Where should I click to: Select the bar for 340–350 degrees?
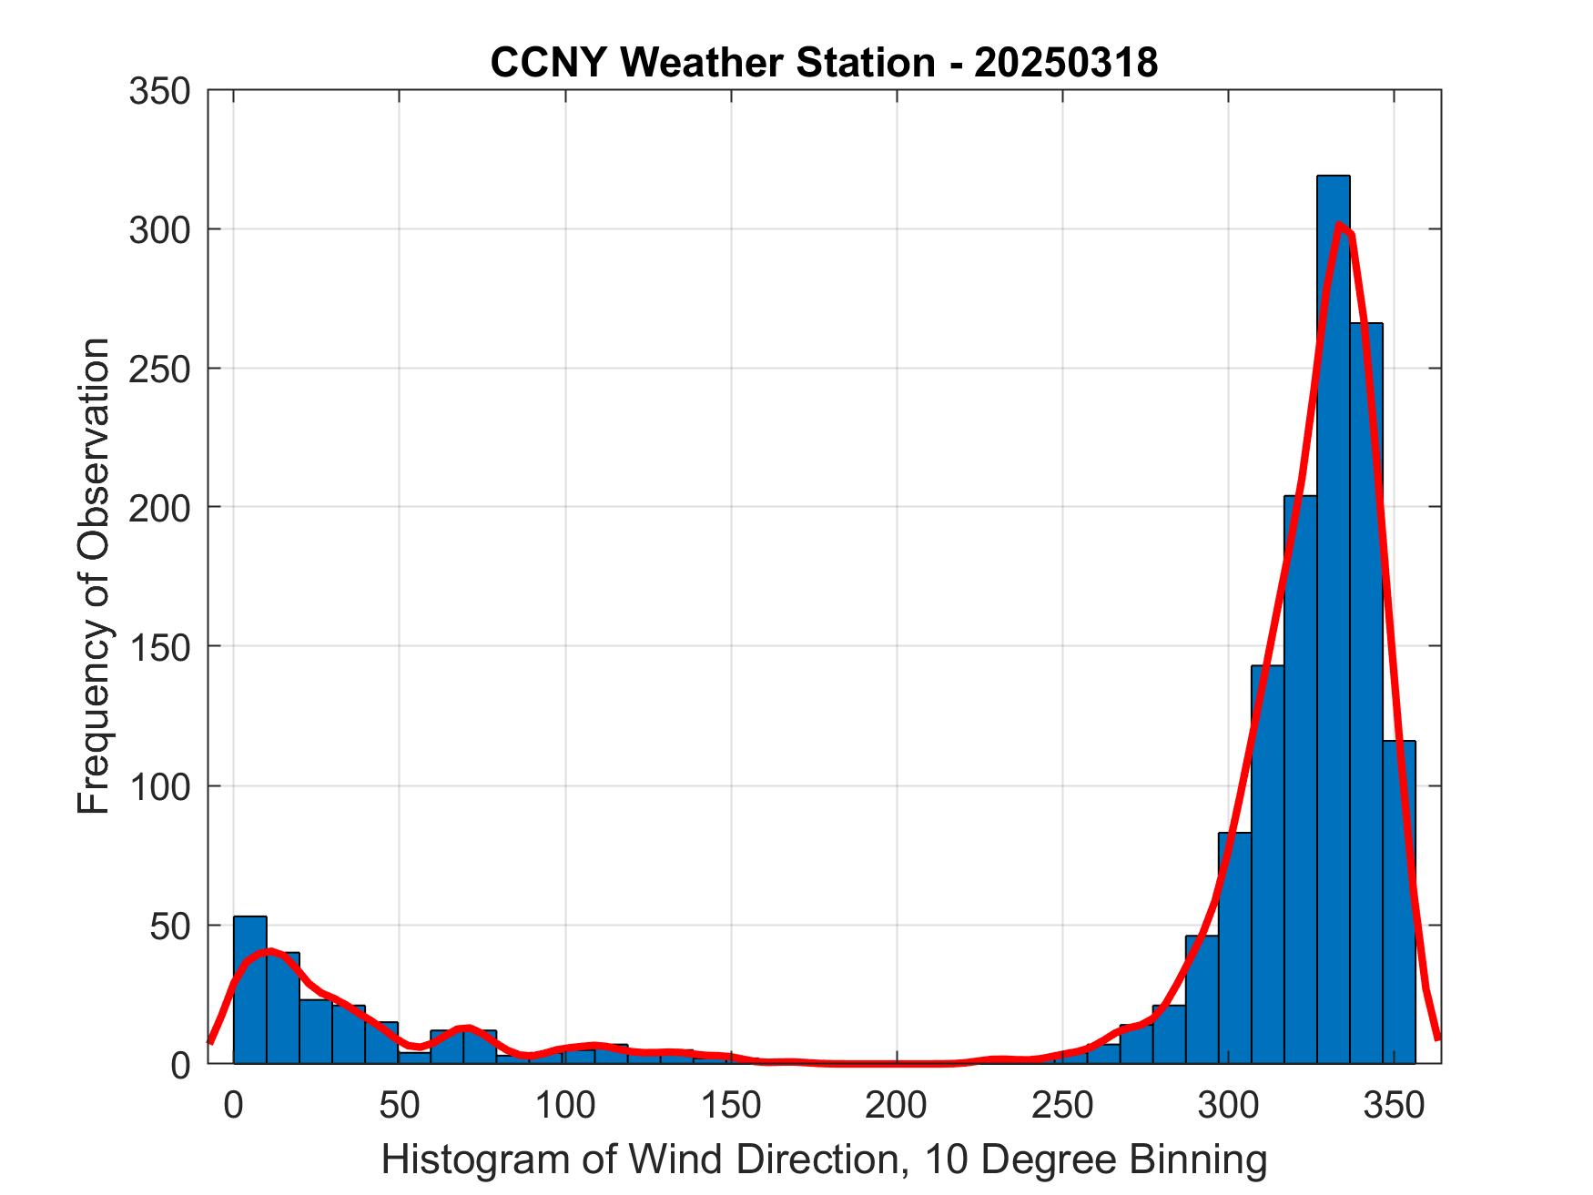coord(1366,692)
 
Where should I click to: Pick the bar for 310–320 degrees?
coord(1267,865)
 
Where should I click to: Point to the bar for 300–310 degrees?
coord(1234,947)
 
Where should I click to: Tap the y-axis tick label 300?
coord(159,230)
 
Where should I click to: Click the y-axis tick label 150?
coord(159,647)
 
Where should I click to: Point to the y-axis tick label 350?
coord(159,92)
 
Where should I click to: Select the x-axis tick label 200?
coord(896,1105)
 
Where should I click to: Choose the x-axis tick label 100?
coord(564,1105)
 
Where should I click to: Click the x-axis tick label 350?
coord(1393,1105)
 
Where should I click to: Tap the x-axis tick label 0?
coord(234,1105)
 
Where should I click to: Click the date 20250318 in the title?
coord(1066,63)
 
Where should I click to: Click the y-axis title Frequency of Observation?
coord(94,575)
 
